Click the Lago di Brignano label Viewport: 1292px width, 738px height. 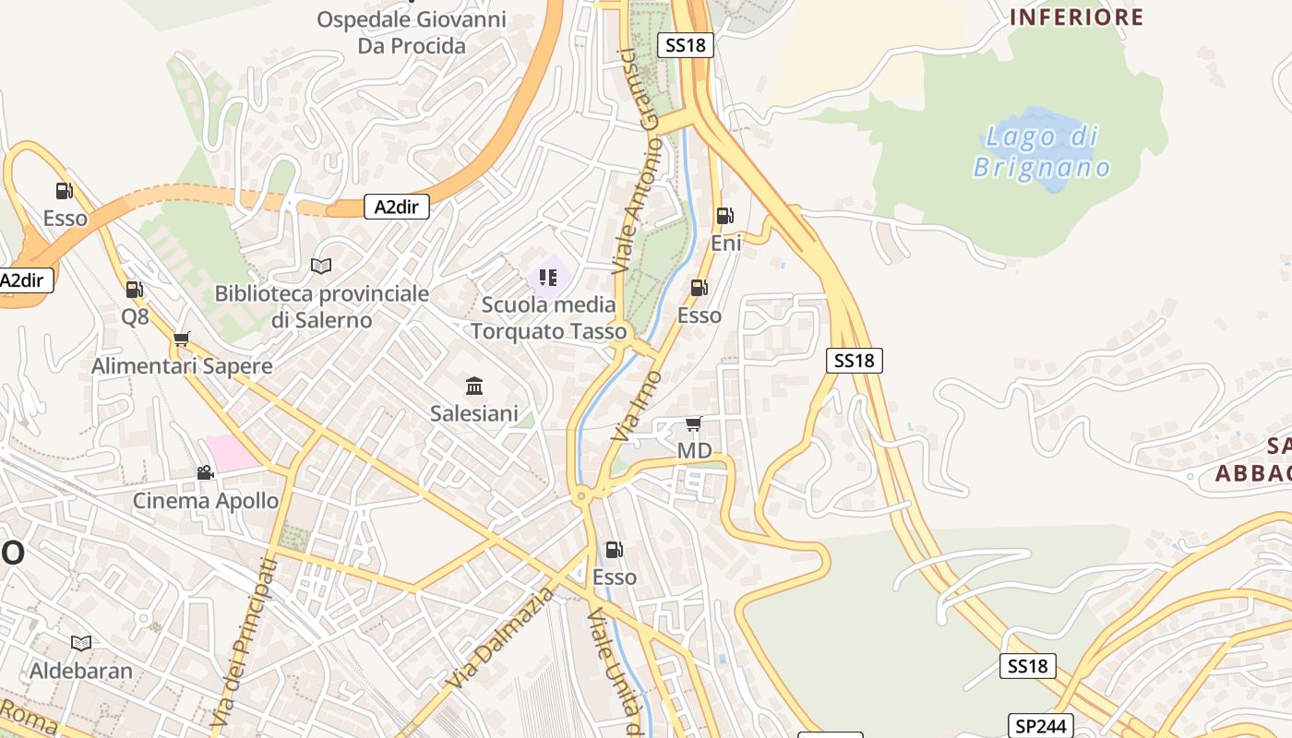coord(1042,152)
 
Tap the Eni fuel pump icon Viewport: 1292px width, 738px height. coord(725,217)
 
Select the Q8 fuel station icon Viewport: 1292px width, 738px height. coord(134,290)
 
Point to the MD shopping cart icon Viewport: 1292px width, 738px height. coord(693,424)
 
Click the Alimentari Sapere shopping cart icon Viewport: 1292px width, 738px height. coord(181,339)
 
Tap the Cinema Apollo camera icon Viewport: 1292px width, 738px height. coord(205,473)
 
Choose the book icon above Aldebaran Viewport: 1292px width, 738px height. coord(81,643)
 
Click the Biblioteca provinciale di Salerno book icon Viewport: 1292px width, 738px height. coord(320,267)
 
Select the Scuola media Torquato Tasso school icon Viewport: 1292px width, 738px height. coord(548,277)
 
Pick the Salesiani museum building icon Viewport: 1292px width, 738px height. coord(474,386)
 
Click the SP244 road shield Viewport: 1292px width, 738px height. coord(1042,726)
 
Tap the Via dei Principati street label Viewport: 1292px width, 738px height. coord(244,641)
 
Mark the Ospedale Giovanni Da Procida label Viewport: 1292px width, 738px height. coord(412,32)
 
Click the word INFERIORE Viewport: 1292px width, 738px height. coord(1076,18)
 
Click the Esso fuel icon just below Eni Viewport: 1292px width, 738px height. coord(699,288)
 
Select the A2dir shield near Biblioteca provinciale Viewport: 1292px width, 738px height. coord(396,207)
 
